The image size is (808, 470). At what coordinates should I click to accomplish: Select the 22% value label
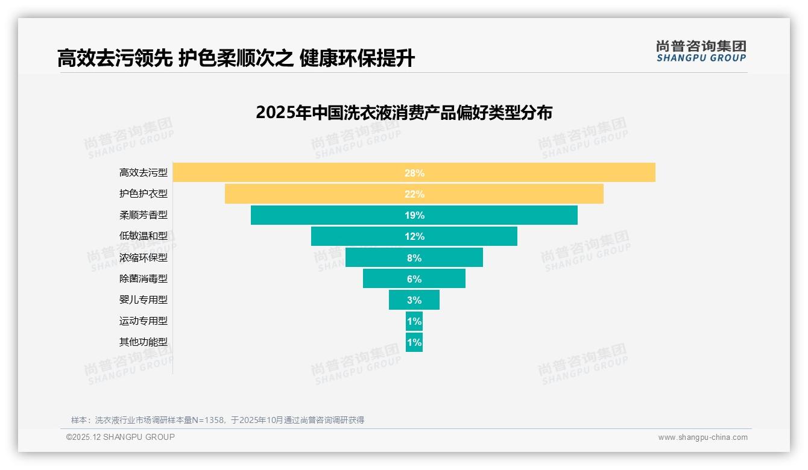pos(414,194)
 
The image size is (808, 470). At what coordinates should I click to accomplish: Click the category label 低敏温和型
pos(144,236)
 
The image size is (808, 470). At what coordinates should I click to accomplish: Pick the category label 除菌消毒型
pos(144,279)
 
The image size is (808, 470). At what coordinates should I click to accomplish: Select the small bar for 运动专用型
pos(414,321)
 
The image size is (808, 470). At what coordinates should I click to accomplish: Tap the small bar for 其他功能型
pos(414,342)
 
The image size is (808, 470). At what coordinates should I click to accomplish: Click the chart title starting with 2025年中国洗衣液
pos(404,113)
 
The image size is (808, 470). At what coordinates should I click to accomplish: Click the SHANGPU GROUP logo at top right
pos(701,51)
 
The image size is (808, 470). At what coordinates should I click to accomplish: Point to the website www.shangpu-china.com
pos(702,437)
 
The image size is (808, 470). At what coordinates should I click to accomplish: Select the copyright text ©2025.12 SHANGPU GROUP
pos(121,437)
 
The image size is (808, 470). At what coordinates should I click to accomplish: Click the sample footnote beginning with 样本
pos(218,420)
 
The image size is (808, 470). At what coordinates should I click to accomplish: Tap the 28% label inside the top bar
pos(414,173)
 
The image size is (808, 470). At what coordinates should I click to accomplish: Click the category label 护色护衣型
pos(144,194)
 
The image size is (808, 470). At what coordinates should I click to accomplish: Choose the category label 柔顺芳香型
pos(144,215)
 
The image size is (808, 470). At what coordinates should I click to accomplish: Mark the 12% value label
pos(414,236)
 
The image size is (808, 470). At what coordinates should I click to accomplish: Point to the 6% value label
pos(414,279)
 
